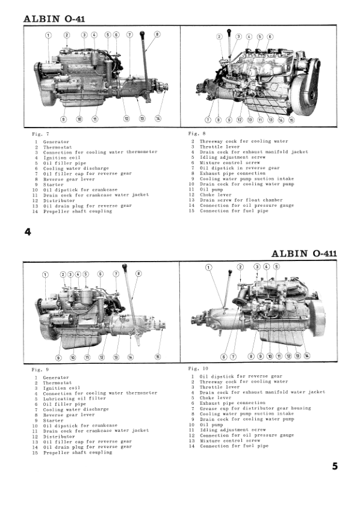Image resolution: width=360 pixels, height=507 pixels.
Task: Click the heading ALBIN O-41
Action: pos(54,19)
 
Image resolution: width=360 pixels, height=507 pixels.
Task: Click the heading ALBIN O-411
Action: pos(304,253)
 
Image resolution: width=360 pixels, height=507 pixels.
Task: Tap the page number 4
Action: pos(28,232)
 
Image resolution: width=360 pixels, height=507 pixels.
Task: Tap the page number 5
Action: pos(335,466)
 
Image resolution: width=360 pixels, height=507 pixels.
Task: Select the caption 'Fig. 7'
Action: pos(40,134)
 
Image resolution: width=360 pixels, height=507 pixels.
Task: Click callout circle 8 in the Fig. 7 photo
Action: pos(157,34)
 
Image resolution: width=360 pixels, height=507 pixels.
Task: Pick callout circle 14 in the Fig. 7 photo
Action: pos(158,118)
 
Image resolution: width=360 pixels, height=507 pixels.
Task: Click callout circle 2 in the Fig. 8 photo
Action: pos(219,37)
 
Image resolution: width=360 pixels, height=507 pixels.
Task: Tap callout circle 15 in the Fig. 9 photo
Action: pos(158,357)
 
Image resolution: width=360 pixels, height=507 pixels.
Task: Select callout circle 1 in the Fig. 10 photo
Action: pos(209,268)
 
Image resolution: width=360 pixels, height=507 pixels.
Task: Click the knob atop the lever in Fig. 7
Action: pos(142,33)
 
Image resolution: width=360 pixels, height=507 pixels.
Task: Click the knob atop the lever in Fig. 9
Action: pos(125,266)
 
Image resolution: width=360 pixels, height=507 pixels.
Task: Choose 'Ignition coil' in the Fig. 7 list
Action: pos(62,158)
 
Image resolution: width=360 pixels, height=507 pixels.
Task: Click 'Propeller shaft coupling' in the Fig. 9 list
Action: pos(78,452)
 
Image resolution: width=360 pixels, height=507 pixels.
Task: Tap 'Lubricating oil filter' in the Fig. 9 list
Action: pos(75,399)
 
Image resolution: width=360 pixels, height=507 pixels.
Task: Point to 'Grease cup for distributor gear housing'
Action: pos(255,408)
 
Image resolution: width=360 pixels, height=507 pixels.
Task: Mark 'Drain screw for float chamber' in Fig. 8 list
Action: pos(241,200)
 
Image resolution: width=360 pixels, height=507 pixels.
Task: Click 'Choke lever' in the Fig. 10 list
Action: pos(216,398)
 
